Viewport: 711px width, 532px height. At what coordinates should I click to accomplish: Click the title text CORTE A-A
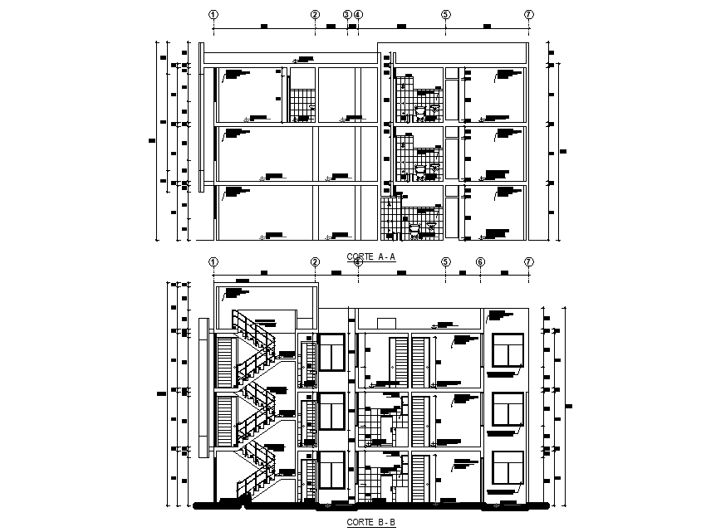(x=370, y=257)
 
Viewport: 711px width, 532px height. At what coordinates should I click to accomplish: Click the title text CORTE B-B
(x=370, y=522)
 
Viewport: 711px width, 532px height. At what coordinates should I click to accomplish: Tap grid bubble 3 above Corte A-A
(x=347, y=14)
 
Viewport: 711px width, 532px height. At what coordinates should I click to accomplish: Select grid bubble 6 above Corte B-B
(x=480, y=262)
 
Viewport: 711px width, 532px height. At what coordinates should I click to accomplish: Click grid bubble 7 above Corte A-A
(x=529, y=14)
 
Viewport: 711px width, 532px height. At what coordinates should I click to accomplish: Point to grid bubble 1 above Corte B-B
(x=213, y=262)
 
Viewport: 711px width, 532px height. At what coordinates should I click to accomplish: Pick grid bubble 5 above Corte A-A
(x=446, y=14)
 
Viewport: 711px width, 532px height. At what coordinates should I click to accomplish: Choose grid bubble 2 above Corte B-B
(x=316, y=262)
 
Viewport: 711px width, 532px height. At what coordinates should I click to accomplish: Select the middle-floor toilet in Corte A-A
(x=421, y=168)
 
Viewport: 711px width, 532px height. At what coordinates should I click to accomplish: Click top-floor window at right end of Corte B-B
(x=508, y=351)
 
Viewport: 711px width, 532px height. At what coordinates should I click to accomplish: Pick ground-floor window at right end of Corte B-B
(x=508, y=468)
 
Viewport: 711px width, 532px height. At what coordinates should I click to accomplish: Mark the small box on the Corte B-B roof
(x=385, y=322)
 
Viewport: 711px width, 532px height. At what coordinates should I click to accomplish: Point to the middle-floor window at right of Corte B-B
(x=508, y=410)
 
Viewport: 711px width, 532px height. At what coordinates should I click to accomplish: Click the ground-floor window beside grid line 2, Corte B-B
(x=332, y=470)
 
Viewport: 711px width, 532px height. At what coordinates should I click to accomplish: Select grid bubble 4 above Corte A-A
(x=358, y=14)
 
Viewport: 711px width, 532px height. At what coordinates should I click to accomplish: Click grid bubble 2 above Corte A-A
(x=316, y=14)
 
